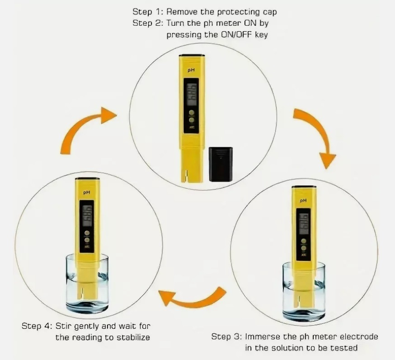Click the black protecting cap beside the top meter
[x=221, y=164]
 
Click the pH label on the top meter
[x=191, y=70]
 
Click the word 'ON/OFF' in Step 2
[x=236, y=34]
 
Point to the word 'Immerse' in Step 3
[x=263, y=337]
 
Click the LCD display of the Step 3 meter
[x=304, y=224]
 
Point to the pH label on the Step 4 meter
[x=87, y=192]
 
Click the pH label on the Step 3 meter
[x=303, y=201]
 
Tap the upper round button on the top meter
[x=192, y=112]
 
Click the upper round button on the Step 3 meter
[x=304, y=241]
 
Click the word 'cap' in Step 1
[x=269, y=12]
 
